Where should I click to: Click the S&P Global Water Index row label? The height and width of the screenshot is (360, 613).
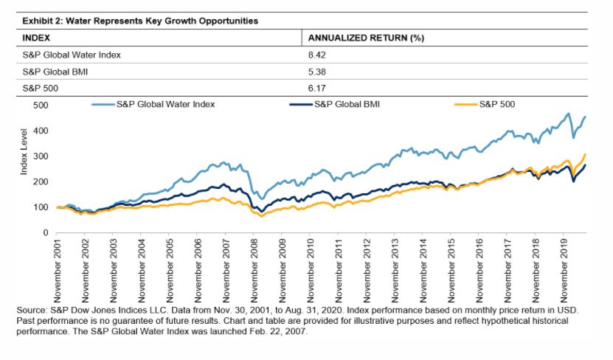69,54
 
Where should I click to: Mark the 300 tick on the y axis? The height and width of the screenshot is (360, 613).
41,156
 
